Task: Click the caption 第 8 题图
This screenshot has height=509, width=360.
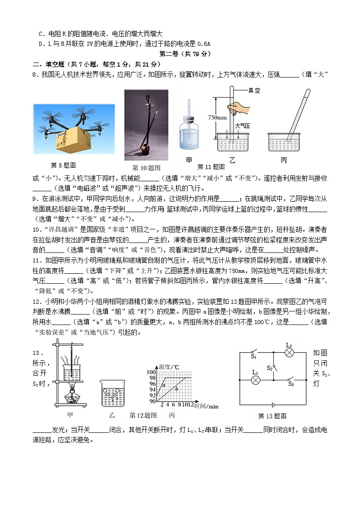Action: pos(63,165)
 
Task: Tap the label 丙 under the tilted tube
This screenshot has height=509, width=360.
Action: pos(284,160)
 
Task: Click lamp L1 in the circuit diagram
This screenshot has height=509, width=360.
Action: pos(255,380)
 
